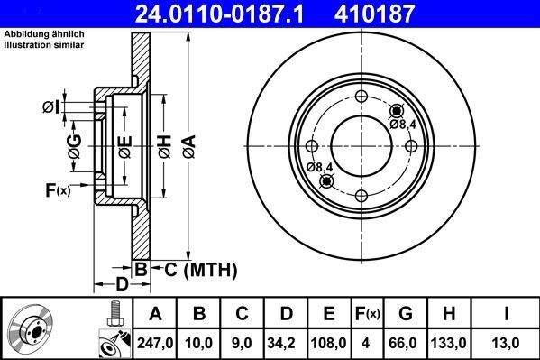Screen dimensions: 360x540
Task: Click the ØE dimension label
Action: (125, 145)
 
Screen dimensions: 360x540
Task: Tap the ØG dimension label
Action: (75, 143)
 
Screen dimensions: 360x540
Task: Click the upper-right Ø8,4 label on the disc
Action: (403, 124)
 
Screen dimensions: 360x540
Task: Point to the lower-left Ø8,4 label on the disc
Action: (319, 168)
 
